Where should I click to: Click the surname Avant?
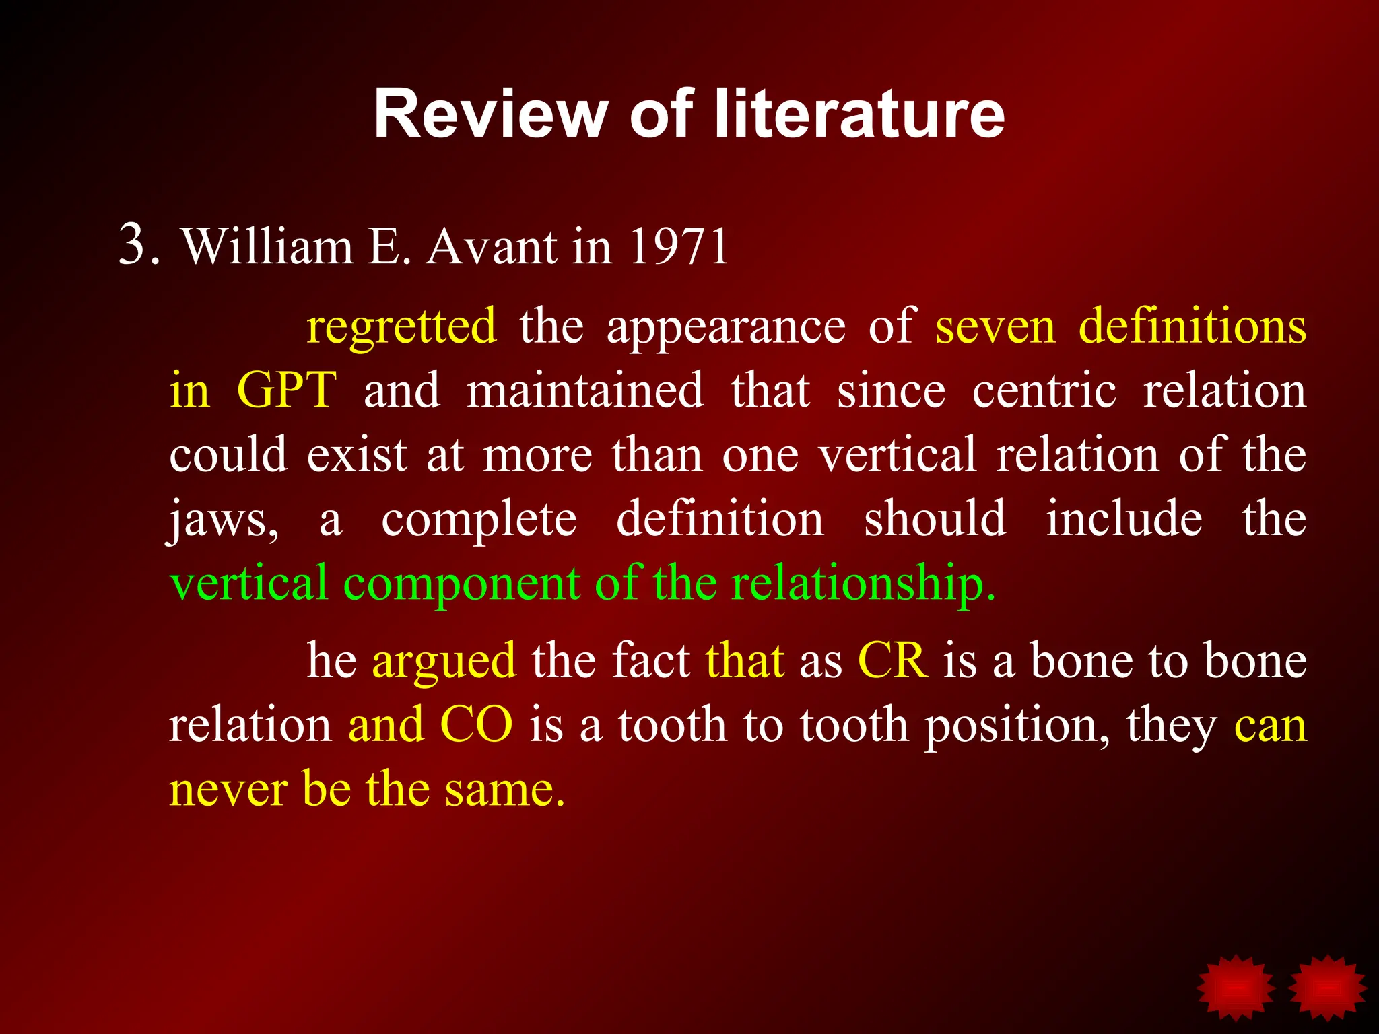pos(492,246)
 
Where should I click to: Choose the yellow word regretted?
pos(402,326)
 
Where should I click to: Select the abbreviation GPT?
pos(287,390)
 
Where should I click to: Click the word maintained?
pos(585,390)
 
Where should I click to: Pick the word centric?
pos(1044,390)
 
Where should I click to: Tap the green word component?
pos(461,584)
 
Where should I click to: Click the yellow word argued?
pos(444,660)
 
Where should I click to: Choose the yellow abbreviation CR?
pos(893,660)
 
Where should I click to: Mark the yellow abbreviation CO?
pos(476,725)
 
